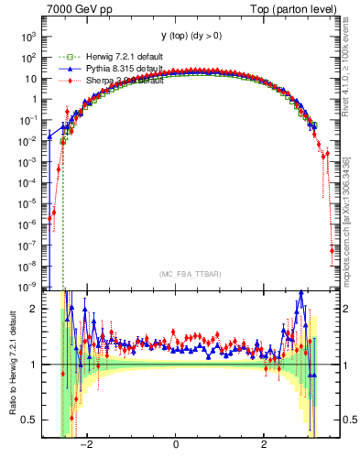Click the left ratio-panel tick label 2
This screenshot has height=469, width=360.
pos(35,310)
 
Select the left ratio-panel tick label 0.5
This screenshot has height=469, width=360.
pos(31,420)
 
